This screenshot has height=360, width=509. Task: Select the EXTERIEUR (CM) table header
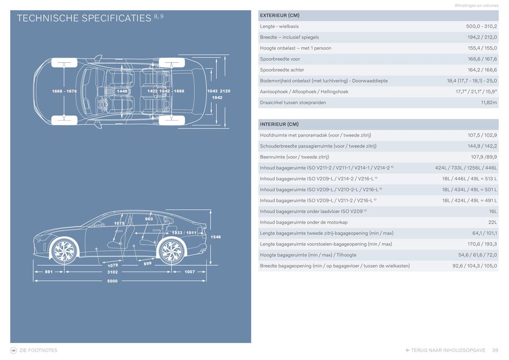click(280, 15)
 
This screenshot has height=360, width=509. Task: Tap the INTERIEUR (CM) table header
click(279, 124)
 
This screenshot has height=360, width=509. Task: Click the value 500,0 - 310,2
click(481, 26)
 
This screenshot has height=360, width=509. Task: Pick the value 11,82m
click(488, 102)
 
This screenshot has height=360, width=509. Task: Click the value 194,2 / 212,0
click(482, 37)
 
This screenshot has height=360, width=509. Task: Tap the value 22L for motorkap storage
click(493, 222)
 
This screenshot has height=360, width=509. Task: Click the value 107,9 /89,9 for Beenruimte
click(484, 157)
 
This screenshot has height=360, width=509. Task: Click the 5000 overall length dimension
click(112, 281)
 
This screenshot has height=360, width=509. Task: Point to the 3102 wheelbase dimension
click(112, 272)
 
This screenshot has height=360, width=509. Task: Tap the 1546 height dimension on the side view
click(215, 237)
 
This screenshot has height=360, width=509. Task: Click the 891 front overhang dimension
click(49, 272)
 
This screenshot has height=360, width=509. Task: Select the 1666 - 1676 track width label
click(64, 91)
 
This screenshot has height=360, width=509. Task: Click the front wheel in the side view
click(64, 250)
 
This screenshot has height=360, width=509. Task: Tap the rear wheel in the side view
click(171, 250)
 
